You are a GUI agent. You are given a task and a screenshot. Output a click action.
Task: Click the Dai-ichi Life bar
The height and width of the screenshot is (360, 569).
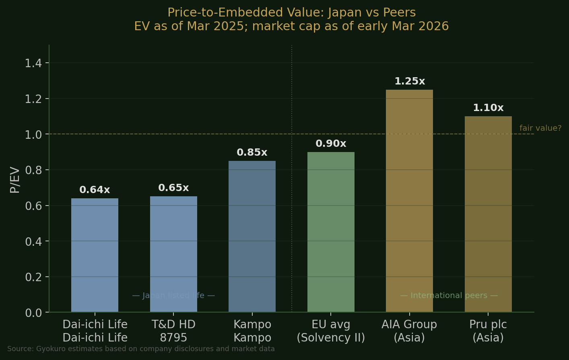pos(95,255)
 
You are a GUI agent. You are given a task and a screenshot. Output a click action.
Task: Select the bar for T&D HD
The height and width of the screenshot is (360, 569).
pos(173,254)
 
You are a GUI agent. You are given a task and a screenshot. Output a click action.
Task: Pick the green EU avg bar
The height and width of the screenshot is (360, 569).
pos(331,232)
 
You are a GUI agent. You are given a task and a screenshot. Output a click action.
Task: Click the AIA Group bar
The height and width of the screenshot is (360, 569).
pos(409,201)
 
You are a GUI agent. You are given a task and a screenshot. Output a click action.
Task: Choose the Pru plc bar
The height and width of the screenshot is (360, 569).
pos(488,214)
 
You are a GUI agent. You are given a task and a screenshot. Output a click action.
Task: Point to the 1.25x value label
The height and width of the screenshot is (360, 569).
pos(409,81)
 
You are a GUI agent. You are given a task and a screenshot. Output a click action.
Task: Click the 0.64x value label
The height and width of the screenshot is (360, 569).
pos(95,190)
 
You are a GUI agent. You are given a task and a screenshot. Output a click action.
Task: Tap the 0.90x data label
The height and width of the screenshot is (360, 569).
pos(331,144)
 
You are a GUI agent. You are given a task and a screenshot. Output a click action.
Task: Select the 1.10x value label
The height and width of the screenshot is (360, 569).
pos(488,108)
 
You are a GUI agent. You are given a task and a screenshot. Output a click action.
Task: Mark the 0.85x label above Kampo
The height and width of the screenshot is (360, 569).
pos(252,152)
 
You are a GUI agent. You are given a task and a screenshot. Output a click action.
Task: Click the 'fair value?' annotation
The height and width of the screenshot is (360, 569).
pos(540,128)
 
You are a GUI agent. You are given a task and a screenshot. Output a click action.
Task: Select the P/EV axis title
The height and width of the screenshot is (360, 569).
pos(15,179)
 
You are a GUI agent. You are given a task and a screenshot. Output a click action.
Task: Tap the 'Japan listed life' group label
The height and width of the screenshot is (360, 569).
pos(173,296)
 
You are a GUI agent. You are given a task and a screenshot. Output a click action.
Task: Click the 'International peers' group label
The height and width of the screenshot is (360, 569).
pos(449,296)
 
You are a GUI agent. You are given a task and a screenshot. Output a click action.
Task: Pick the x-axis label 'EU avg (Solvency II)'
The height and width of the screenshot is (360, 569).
pos(331,331)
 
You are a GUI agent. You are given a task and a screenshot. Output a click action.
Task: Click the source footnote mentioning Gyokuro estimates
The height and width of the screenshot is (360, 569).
pos(141,349)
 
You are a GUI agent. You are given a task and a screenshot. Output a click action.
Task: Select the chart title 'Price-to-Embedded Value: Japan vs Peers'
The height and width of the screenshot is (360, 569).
pos(291,13)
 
